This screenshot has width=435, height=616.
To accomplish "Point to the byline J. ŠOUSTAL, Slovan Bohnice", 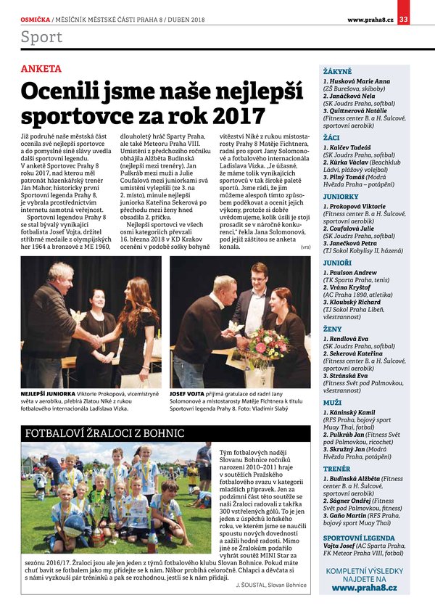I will [x=271, y=583].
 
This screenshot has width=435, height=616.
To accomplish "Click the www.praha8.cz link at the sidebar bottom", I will [x=364, y=588].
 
